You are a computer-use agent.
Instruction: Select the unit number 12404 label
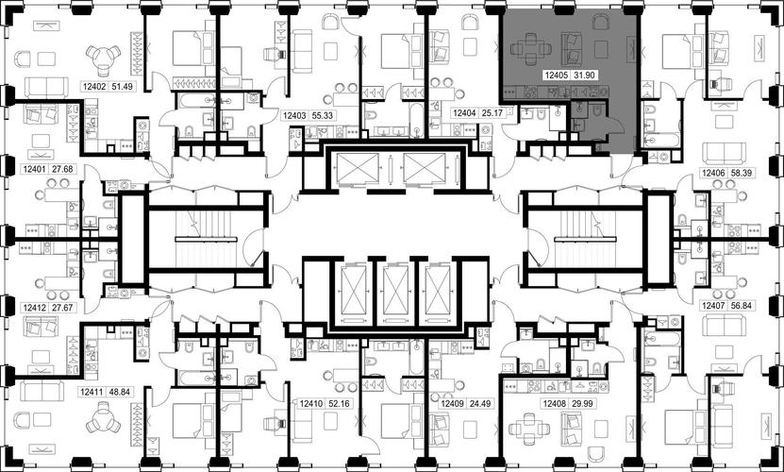pos(462,113)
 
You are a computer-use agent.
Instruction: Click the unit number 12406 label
pos(713,173)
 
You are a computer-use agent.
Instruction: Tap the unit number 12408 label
pos(555,403)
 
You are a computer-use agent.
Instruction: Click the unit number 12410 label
pos(309,403)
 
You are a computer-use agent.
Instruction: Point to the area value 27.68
pos(62,169)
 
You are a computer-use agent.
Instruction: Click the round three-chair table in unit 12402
pos(103,59)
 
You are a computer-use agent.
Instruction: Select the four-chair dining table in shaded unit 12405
pos(531,49)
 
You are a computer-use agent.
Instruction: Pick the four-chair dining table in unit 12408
pos(529,429)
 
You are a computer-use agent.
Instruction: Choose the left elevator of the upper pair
pos(358,168)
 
